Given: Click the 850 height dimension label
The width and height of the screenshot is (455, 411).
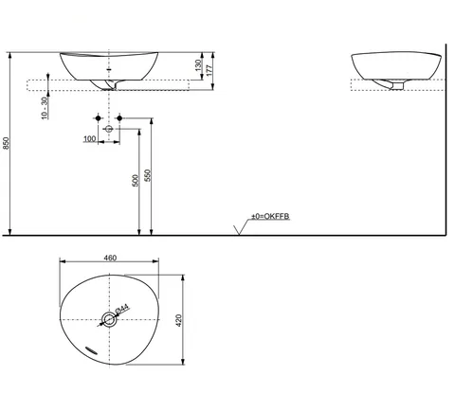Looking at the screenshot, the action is click(7, 143).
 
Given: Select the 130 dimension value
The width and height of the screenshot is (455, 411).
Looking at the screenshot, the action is click(198, 65).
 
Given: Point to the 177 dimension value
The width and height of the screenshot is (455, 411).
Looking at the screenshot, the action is click(209, 70).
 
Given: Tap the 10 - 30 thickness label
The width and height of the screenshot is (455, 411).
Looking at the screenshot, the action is click(45, 108).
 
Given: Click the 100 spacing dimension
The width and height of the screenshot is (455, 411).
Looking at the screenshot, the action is click(90, 138).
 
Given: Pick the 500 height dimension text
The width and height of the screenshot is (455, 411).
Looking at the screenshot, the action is click(136, 181).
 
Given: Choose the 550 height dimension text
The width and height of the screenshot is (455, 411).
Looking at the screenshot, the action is click(148, 175).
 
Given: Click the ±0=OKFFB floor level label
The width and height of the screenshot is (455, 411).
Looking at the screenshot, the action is click(270, 216).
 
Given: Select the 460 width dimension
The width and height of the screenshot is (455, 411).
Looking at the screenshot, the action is click(110, 258).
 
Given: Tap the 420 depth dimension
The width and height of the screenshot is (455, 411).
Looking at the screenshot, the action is click(179, 320).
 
